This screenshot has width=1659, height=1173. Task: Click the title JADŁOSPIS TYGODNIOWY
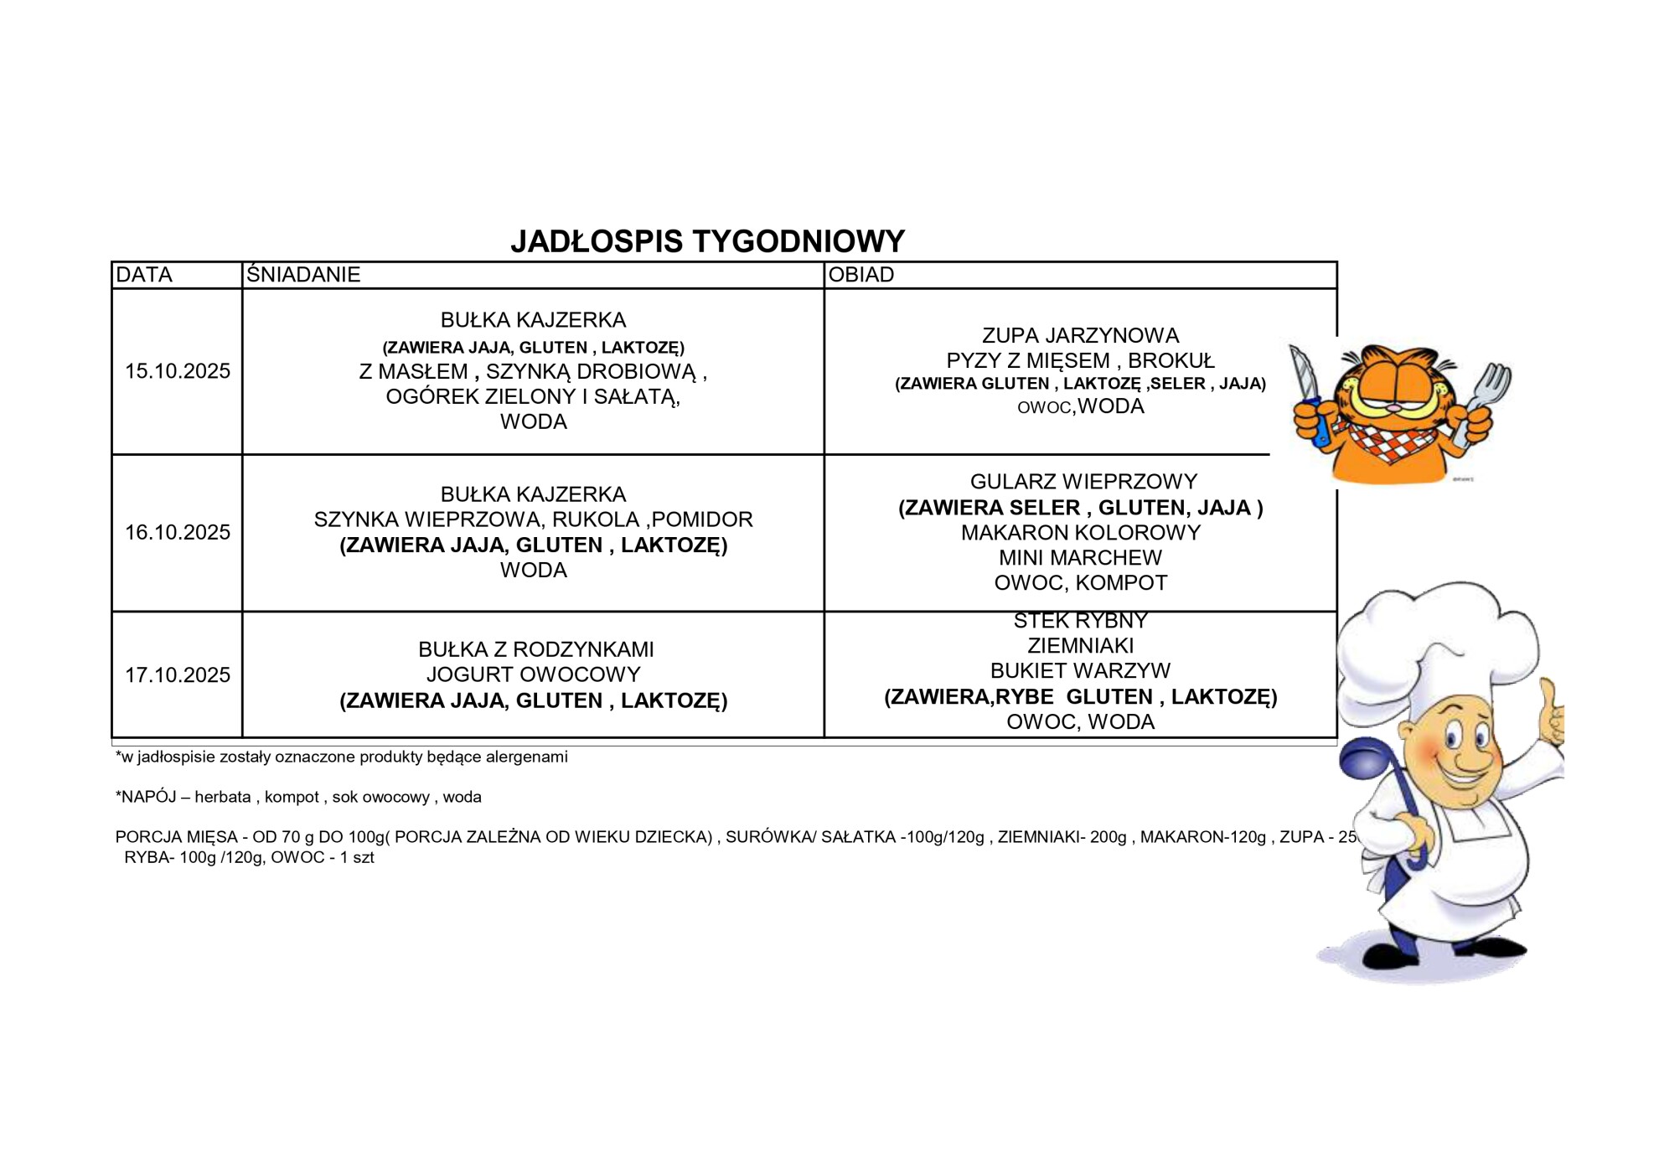[x=707, y=241]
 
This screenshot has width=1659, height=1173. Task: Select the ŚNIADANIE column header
[x=303, y=275]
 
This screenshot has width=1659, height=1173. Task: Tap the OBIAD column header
[x=861, y=275]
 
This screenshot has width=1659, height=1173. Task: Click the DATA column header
[x=144, y=275]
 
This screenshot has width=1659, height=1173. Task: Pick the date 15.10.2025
[x=178, y=371]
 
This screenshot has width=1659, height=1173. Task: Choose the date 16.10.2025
[x=178, y=532]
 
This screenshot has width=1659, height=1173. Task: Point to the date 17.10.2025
[x=178, y=674]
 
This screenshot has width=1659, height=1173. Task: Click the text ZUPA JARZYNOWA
[x=1080, y=335]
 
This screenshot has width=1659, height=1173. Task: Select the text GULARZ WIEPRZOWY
[x=1083, y=482]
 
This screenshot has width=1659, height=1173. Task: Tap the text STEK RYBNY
[x=1080, y=621]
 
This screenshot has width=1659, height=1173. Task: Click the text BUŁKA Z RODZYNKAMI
[x=536, y=649]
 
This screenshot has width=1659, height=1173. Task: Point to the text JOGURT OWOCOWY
[x=533, y=674]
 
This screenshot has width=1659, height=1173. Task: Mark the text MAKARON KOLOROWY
[x=1080, y=532]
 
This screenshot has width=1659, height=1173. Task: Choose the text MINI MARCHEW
[x=1080, y=557]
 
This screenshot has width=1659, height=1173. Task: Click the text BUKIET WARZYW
[x=1080, y=670]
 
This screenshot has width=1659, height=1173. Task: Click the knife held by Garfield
[x=1304, y=377]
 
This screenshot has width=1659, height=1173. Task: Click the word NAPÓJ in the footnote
[x=148, y=797]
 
